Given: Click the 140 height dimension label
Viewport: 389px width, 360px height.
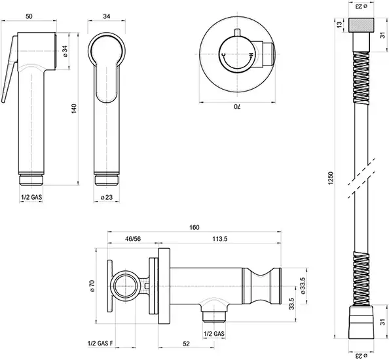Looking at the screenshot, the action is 75,109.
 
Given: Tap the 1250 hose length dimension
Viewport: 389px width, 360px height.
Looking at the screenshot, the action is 331,178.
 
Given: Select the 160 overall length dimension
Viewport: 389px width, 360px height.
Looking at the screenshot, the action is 194,227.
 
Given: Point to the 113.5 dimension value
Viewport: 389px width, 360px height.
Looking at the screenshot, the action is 220,239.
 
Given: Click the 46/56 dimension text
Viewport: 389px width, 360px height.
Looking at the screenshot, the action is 133,239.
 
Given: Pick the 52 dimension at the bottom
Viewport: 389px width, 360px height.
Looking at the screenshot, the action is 186,344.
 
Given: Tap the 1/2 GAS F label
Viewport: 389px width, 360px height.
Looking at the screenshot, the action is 100,344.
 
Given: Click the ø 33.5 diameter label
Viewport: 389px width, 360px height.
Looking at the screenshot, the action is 303,285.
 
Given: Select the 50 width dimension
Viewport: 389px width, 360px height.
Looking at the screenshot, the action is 29,16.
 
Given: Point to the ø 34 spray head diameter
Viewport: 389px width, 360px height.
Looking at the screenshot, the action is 65,51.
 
